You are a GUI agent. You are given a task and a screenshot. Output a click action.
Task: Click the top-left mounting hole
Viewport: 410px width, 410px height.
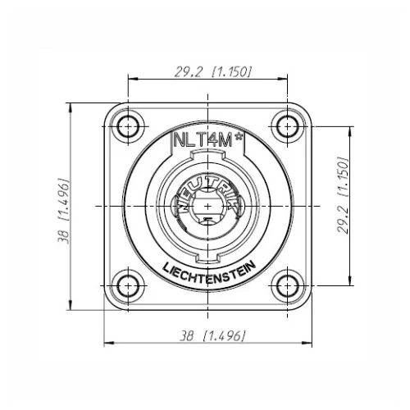pyautogui.click(x=127, y=125)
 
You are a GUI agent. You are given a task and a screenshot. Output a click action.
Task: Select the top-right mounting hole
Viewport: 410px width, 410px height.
pyautogui.click(x=287, y=125)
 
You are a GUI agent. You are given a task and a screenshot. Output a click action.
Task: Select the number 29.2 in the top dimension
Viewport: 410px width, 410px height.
pyautogui.click(x=187, y=71)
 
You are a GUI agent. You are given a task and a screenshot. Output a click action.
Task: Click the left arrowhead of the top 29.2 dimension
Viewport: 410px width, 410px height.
pyautogui.click(x=130, y=80)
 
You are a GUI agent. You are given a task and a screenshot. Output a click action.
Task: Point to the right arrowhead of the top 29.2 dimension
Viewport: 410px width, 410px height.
pyautogui.click(x=284, y=80)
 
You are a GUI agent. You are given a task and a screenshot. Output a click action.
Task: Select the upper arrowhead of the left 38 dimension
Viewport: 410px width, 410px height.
pyautogui.click(x=71, y=107)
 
